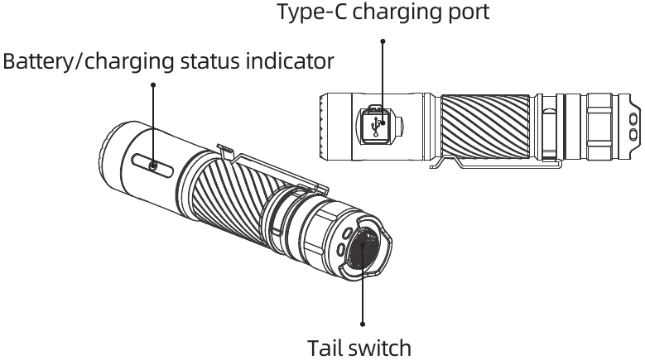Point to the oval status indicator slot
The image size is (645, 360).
pyautogui.click(x=152, y=166)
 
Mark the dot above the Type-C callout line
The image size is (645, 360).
pyautogui.click(x=383, y=40)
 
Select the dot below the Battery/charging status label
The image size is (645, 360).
pyautogui.click(x=153, y=84)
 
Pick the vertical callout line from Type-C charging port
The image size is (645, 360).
pyautogui.click(x=383, y=83)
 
